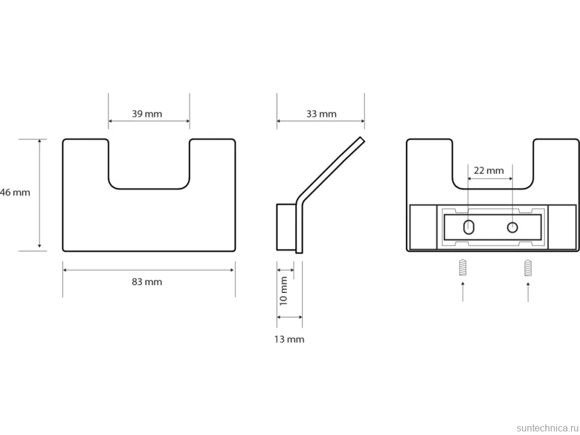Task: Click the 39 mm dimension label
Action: coord(147,114)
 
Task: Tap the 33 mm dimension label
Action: coord(321,114)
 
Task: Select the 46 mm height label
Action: coord(15,192)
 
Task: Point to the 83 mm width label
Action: coord(147,282)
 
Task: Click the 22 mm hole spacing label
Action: coord(489,171)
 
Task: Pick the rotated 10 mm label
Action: coord(283,291)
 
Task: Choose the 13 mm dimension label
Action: coord(289,339)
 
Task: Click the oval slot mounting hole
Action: coord(469,227)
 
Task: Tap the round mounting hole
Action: coord(512,227)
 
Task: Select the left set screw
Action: coord(462,268)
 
